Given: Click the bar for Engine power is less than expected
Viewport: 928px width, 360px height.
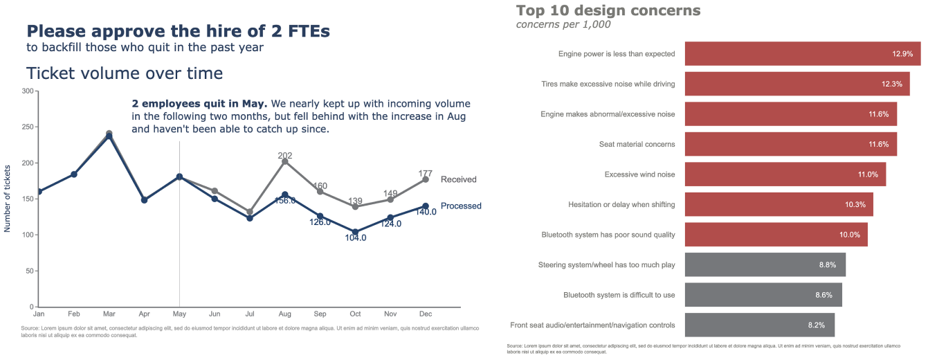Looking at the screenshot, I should (x=802, y=53).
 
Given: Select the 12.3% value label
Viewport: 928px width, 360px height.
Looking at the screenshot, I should (x=891, y=84).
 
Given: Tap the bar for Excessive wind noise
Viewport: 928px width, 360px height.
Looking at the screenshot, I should (x=785, y=174).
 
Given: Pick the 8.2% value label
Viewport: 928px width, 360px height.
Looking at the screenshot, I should (x=817, y=325).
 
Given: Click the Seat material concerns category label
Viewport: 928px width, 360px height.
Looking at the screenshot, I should (x=637, y=144).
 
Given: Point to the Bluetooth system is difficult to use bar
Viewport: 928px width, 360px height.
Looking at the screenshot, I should (x=763, y=295).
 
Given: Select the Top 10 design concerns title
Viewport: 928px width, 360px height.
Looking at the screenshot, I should (x=608, y=10).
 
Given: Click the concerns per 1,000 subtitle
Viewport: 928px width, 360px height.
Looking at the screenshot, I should (x=563, y=25).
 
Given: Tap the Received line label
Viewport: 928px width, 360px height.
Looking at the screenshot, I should (x=458, y=179).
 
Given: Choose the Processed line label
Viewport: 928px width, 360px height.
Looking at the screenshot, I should (x=461, y=206).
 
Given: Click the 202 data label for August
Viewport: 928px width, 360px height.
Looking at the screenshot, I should (x=285, y=155).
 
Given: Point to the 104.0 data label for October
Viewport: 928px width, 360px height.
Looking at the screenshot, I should (x=355, y=237).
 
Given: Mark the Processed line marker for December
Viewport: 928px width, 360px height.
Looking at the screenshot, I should (x=425, y=206).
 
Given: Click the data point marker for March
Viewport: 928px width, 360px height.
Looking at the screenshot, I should (x=109, y=135).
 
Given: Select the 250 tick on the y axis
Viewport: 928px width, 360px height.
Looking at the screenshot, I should (x=27, y=127).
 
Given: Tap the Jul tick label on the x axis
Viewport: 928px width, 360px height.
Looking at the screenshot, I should (x=250, y=314).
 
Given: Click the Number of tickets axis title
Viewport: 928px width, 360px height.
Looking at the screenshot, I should (x=8, y=198).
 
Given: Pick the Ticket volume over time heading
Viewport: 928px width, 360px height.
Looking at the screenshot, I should (x=125, y=73).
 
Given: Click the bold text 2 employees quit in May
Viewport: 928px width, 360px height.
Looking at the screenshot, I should (x=199, y=103).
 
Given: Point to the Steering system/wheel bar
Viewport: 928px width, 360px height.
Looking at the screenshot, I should (x=765, y=264).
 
